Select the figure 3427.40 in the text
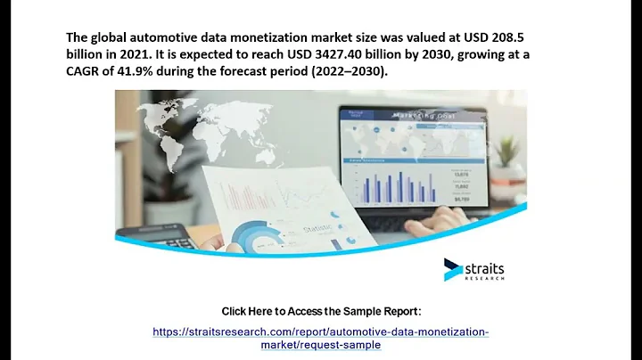pos(333,58)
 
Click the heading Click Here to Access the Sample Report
pos(320,311)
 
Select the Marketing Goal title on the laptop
pos(415,114)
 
